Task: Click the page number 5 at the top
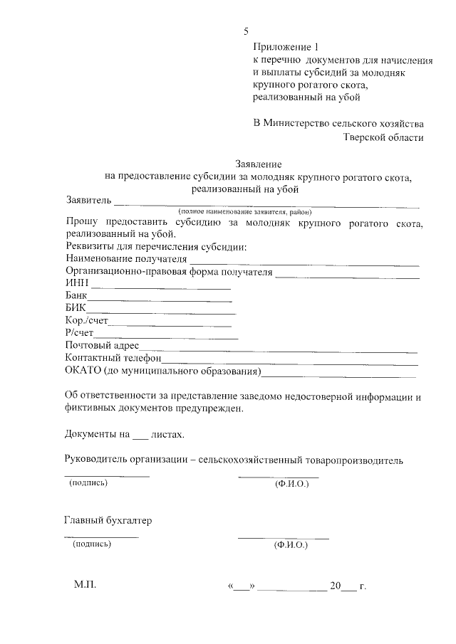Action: pyautogui.click(x=247, y=31)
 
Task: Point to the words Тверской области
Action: pyautogui.click(x=383, y=137)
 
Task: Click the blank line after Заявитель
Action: pyautogui.click(x=266, y=204)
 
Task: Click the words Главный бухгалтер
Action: pyautogui.click(x=108, y=520)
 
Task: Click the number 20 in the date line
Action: pyautogui.click(x=335, y=586)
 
